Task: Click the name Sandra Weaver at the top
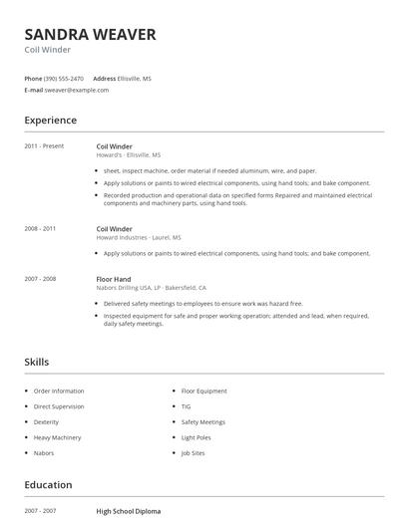click(90, 35)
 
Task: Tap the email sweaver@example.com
click(77, 90)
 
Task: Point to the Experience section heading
click(51, 121)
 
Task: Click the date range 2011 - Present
click(44, 146)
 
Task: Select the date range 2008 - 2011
click(40, 229)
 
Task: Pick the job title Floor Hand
click(114, 279)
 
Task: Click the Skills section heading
click(37, 363)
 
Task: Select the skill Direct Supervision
click(59, 407)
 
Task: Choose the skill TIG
click(186, 407)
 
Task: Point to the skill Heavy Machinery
click(57, 437)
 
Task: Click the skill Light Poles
click(196, 437)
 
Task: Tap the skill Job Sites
click(193, 453)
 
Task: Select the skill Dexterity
click(46, 422)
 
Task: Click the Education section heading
click(48, 485)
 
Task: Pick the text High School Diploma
click(128, 511)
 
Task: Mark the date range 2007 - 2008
click(40, 279)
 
